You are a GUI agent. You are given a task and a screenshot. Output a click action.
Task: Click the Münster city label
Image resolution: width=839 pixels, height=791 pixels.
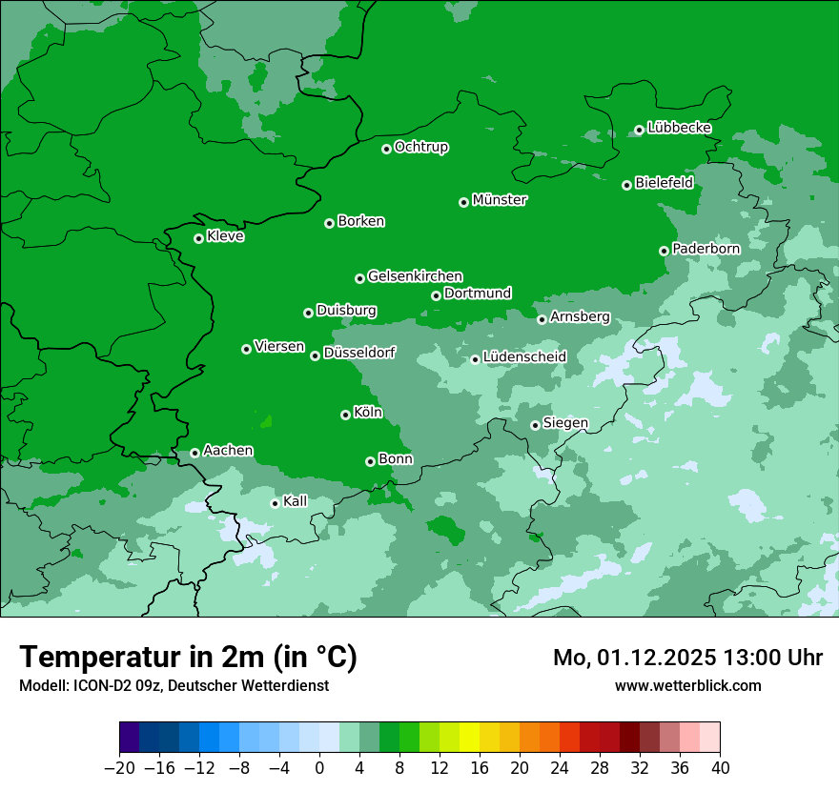point(500,200)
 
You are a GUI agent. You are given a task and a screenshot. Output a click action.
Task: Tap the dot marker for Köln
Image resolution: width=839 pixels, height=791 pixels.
point(345,415)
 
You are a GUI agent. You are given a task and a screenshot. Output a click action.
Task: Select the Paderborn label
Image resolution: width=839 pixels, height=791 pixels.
point(706,249)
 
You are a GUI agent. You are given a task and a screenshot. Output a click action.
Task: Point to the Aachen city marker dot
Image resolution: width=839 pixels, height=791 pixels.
point(194,453)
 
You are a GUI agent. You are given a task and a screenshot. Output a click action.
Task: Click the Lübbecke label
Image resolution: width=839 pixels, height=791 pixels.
point(679,128)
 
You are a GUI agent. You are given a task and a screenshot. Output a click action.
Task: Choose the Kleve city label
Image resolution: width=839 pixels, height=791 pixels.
point(225,236)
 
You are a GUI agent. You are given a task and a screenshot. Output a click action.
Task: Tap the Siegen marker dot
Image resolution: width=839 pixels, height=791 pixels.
point(535,425)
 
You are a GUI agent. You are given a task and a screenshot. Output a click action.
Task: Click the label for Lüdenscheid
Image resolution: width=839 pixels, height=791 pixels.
point(524,357)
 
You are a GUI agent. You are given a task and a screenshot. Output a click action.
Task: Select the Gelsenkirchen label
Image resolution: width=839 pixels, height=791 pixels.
point(415,276)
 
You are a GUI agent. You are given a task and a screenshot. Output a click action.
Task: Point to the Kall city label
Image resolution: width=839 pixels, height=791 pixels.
point(295,501)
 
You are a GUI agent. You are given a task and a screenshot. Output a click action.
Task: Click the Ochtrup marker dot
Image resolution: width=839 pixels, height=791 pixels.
point(386,149)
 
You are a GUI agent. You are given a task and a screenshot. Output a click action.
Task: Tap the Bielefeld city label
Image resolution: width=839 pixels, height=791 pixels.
point(664,183)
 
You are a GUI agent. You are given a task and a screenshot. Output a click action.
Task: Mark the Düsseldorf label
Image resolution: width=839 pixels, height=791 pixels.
point(358,353)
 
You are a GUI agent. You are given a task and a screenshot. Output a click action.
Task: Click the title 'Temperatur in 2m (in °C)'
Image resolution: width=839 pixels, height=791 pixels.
point(188,657)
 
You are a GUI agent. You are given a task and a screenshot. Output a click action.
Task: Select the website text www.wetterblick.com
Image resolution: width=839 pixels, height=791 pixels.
point(687,685)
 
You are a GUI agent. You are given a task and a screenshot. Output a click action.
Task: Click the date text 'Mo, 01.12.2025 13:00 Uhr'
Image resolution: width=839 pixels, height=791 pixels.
point(687,658)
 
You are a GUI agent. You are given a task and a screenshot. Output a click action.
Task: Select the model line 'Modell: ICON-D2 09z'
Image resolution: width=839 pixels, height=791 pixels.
point(174,685)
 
